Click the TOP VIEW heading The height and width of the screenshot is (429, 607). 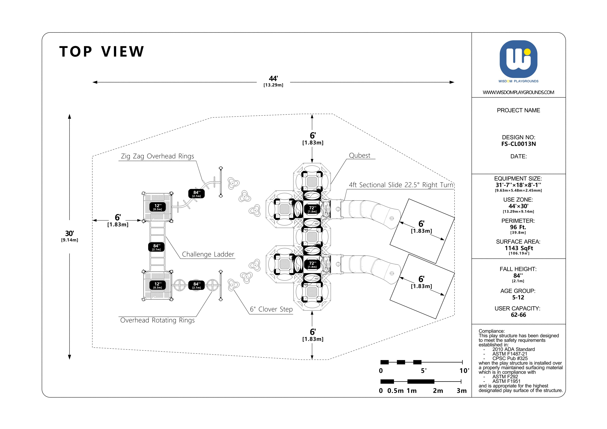pos(102,52)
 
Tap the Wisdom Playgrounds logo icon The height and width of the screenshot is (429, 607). pos(518,59)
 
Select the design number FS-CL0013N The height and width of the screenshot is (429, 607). pos(518,144)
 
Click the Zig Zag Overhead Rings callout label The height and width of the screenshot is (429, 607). pos(157,156)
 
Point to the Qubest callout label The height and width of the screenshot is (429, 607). pos(359,156)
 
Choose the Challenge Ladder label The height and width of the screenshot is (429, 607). pos(208,254)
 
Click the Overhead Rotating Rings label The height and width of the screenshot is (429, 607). pos(157,320)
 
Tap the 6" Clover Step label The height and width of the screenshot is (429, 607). pos(271,309)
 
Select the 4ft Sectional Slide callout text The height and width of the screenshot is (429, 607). pos(401,185)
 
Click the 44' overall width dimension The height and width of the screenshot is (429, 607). pos(273,79)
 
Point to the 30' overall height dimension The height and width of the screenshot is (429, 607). pos(70,234)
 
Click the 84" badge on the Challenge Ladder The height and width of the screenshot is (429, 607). pos(156,247)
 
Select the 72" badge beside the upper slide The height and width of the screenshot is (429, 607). pos(312,209)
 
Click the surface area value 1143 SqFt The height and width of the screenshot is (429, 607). pos(518,248)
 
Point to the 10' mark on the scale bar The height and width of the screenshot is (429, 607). pos(464,371)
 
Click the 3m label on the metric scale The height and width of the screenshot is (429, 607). pos(462,391)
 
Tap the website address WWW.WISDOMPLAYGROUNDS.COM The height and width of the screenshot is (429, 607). pos(518,92)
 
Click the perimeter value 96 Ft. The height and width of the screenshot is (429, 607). pos(518,227)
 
